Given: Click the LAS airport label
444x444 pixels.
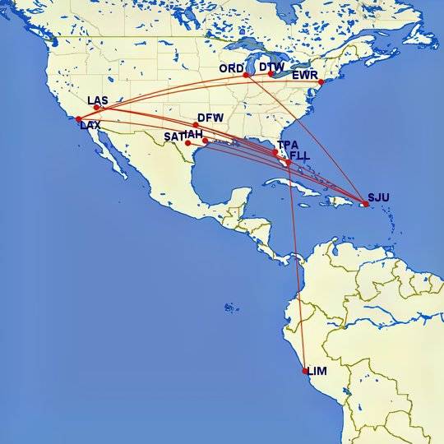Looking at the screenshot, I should click(x=98, y=100).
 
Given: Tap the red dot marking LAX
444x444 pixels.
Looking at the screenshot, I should click(x=78, y=119).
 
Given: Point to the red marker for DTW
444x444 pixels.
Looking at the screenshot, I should click(x=271, y=74).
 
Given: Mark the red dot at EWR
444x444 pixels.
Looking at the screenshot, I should click(x=321, y=81).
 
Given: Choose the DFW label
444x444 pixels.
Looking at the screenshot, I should click(x=210, y=118).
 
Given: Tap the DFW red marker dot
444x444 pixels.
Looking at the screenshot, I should click(x=196, y=126).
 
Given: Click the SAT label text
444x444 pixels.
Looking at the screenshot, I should click(x=173, y=136).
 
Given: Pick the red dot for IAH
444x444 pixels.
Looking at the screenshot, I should click(x=205, y=141).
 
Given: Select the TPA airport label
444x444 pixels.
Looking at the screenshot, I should click(x=288, y=145).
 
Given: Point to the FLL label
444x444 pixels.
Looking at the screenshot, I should click(x=301, y=155).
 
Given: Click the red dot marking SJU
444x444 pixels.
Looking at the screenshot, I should click(x=365, y=204).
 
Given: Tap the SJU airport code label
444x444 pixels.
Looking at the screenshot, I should click(x=378, y=197).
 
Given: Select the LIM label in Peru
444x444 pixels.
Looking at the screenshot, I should click(x=317, y=372).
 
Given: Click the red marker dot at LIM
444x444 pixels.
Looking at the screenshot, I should click(x=306, y=371).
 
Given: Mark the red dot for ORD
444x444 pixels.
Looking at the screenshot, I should click(x=247, y=75).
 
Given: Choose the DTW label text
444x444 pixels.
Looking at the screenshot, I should click(x=271, y=67).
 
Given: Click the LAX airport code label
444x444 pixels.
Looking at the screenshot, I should click(x=90, y=126).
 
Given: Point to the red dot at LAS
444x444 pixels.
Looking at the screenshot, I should click(x=97, y=107).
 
